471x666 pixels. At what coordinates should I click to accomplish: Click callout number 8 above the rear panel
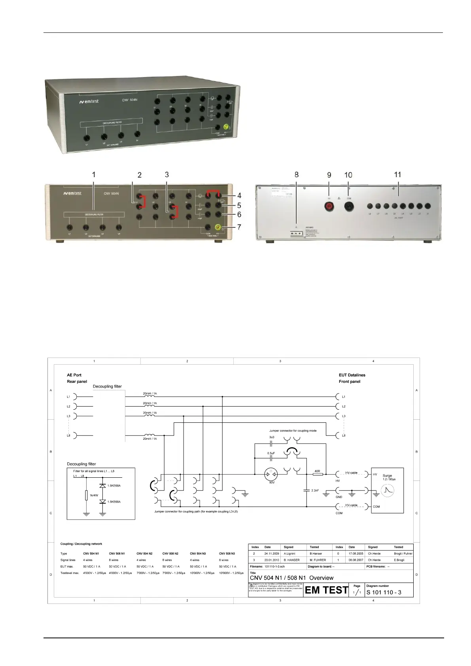297,174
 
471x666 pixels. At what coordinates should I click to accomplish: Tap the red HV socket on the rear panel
328,206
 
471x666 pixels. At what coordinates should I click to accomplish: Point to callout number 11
397,174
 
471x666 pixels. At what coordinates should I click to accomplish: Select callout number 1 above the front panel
94,174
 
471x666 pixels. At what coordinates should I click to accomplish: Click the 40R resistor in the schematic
317,474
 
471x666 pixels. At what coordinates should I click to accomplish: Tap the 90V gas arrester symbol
272,474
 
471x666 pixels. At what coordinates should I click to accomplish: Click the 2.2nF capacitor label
315,490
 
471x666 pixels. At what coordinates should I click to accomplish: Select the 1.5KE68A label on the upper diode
114,485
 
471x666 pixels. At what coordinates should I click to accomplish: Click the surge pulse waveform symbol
387,490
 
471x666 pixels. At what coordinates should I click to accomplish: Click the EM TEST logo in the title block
326,590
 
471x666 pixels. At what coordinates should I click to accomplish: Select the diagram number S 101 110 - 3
384,592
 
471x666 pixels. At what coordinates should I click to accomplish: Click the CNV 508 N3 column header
227,553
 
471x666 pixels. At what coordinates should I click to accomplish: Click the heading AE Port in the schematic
74,375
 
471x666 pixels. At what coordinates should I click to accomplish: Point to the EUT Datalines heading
352,375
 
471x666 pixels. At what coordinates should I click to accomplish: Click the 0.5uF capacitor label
271,453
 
